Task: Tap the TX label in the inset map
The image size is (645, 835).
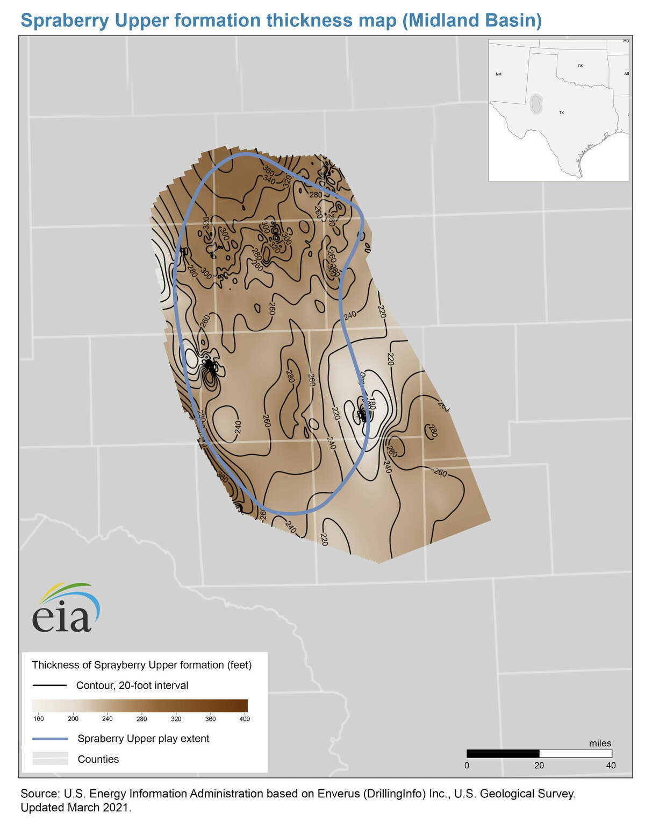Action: tap(561, 112)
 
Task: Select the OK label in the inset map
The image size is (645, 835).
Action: tap(580, 66)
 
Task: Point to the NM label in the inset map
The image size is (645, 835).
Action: tap(498, 74)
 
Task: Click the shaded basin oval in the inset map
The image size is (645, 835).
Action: tap(535, 103)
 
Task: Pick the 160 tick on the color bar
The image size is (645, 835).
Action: tap(39, 719)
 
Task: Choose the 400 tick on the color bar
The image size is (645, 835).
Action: tap(244, 719)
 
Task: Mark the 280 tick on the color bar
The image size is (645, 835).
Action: tap(142, 719)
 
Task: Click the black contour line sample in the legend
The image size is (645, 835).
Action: tap(49, 685)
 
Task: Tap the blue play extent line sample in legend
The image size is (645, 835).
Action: tap(50, 739)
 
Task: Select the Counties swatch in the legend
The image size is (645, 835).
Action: tap(50, 759)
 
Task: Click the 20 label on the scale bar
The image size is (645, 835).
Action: tap(539, 765)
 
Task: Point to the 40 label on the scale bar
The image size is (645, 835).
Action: tap(611, 765)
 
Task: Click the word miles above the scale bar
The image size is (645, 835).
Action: tap(600, 743)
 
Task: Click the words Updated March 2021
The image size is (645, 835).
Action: tap(75, 808)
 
